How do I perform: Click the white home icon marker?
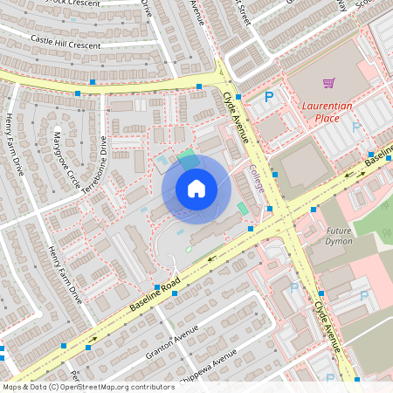coord(196,189)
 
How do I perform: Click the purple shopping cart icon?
coord(328,84)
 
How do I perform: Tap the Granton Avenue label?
coord(173,341)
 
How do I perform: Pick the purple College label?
coord(256,178)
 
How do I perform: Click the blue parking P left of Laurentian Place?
coord(269,98)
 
